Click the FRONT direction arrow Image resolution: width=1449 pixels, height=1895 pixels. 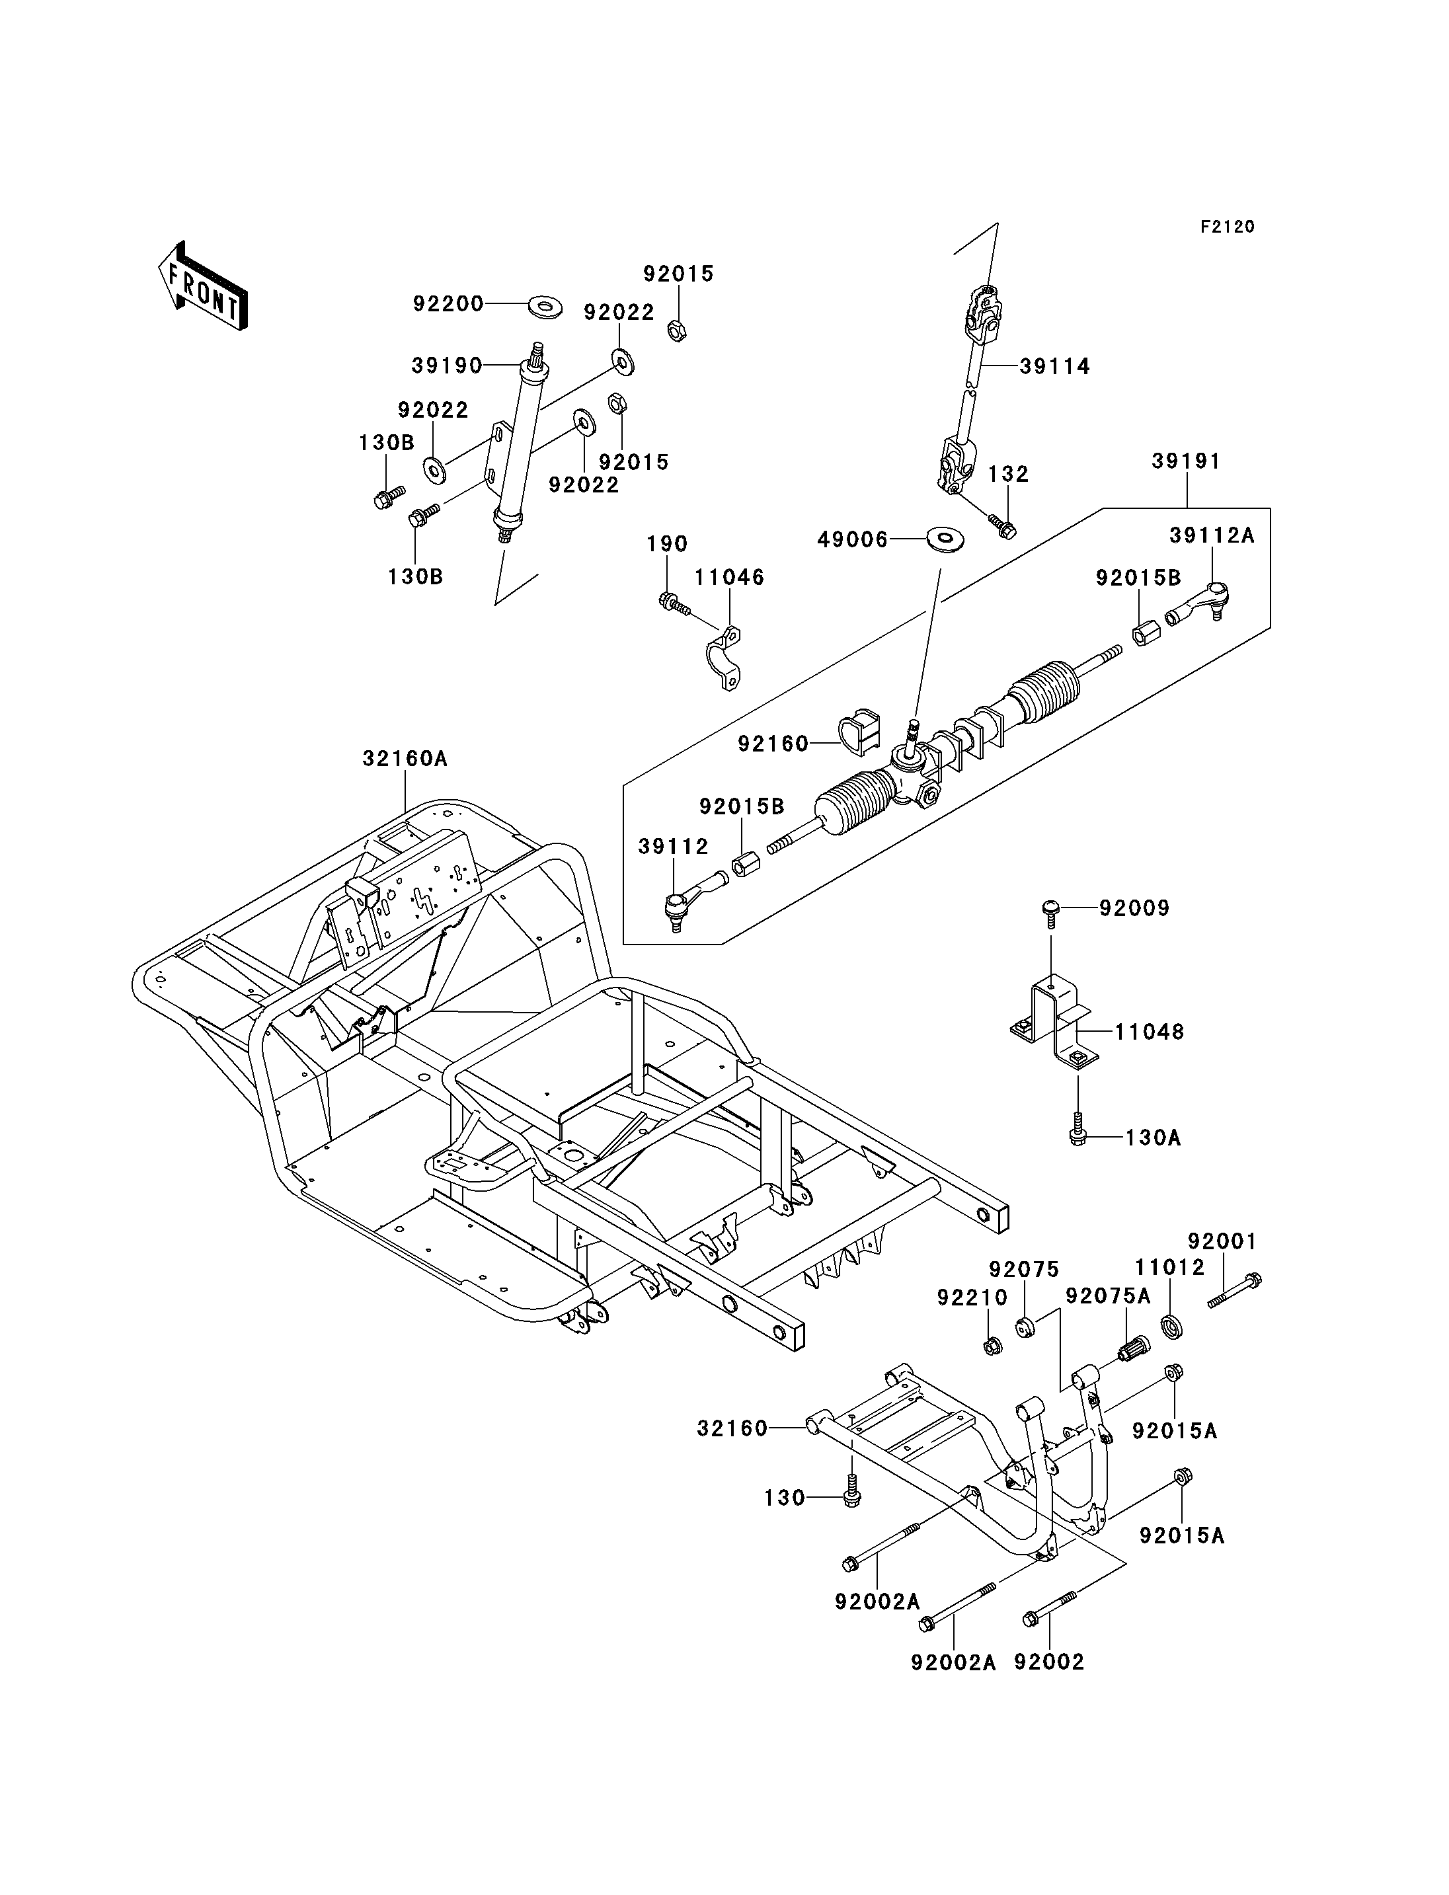tap(204, 286)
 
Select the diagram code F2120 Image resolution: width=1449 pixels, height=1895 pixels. tap(1228, 227)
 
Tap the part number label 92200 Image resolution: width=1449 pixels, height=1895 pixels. tap(448, 303)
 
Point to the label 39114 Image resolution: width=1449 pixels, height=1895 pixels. tap(1055, 367)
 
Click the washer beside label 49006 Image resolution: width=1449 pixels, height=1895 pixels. tap(946, 540)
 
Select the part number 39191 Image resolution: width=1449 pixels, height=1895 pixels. tap(1187, 461)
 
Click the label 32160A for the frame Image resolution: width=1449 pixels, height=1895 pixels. tap(405, 758)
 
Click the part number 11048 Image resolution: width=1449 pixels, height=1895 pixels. tap(1150, 1032)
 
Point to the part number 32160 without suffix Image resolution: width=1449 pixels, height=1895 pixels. tap(732, 1428)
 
